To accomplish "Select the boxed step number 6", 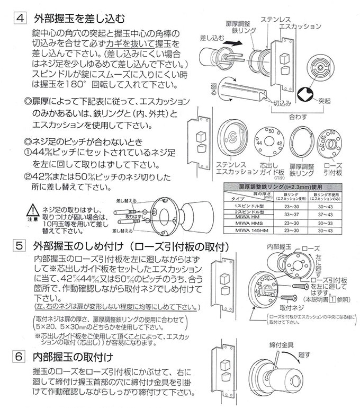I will [19, 356].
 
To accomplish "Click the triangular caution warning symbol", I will [33, 208].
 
